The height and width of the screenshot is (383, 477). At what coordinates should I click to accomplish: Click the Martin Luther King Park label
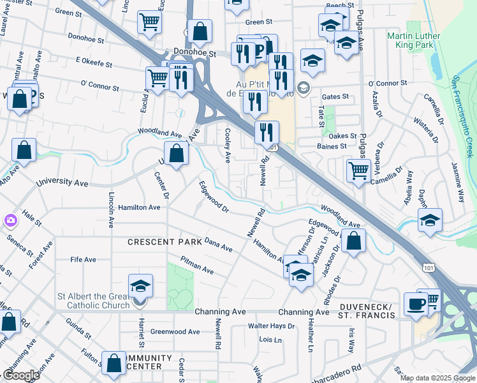click(416, 35)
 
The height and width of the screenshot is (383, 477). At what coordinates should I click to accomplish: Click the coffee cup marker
click(416, 303)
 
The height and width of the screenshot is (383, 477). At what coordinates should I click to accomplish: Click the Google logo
click(20, 375)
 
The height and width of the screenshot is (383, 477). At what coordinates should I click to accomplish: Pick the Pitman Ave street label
click(197, 265)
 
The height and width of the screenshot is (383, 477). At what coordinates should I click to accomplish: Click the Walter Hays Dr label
click(272, 326)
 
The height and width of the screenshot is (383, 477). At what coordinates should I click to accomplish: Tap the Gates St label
click(335, 96)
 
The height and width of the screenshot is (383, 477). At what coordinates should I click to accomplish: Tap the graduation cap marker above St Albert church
click(140, 285)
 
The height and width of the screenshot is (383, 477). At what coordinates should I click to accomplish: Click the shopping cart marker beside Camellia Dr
click(359, 170)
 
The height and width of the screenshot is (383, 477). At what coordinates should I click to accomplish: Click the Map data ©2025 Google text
click(437, 378)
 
